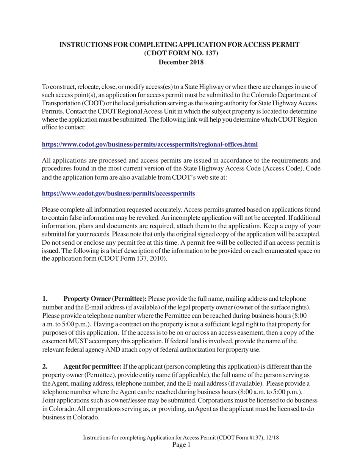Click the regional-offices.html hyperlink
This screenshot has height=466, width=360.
pyautogui.click(x=150, y=144)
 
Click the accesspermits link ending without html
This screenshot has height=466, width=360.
pyautogui.click(x=118, y=194)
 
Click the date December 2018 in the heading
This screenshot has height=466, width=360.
pyautogui.click(x=181, y=63)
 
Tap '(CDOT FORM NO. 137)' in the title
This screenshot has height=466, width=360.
pyautogui.click(x=181, y=53)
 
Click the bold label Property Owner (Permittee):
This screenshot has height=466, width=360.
pyautogui.click(x=105, y=299)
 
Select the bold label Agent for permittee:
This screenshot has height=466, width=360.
pyautogui.click(x=92, y=367)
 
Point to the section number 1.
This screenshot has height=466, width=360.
pyautogui.click(x=45, y=299)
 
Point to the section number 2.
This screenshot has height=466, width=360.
pyautogui.click(x=45, y=367)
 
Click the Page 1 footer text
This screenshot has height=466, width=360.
pyautogui.click(x=181, y=445)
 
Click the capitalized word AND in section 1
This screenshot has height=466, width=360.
pyautogui.click(x=113, y=350)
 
